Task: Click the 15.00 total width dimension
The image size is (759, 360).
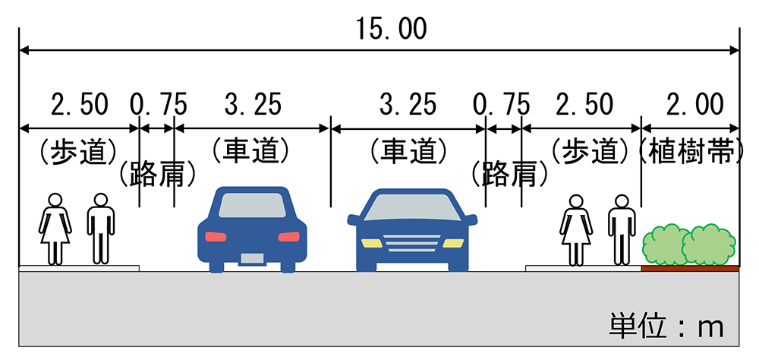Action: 391,29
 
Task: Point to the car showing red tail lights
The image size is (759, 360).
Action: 252,228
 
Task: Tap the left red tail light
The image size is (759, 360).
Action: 216,236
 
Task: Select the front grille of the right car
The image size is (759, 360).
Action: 412,244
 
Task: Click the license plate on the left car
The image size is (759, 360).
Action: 252,257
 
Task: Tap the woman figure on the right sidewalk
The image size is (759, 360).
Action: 576,229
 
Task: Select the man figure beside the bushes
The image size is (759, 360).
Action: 622,229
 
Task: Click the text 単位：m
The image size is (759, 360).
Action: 666,326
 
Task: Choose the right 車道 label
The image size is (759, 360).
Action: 408,152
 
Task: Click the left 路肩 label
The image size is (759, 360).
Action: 158,175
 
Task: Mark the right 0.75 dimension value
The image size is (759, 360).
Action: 501,104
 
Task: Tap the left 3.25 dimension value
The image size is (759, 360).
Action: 253,104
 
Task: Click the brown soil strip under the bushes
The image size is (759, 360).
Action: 689,268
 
